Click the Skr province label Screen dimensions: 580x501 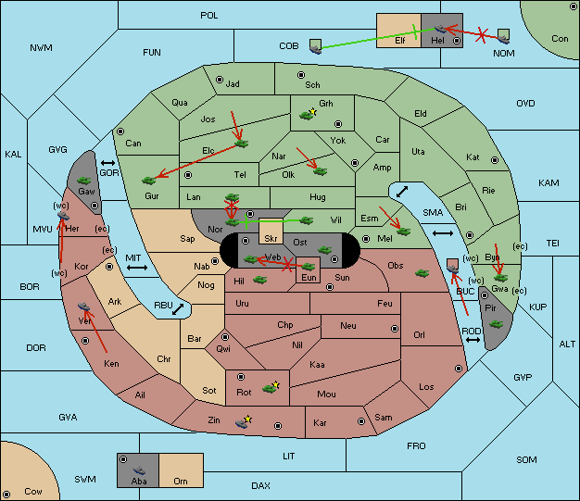coord(271,239)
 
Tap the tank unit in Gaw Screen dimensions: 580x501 coord(84,181)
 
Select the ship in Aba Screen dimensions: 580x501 coord(140,470)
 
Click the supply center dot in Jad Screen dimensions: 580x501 coord(220,80)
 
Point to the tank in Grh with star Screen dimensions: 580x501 coord(308,114)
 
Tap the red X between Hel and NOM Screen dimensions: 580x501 coord(481,35)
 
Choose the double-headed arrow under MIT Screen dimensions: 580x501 coord(137,268)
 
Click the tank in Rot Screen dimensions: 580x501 coord(271,388)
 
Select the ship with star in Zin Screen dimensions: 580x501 coord(244,422)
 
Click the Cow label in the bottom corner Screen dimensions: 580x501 coord(33,492)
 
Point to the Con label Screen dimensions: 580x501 coord(560,39)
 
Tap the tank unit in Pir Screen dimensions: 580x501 coord(496,324)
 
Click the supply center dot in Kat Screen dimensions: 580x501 coord(495,160)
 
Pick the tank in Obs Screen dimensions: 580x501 coord(422,273)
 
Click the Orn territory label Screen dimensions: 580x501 coord(181,481)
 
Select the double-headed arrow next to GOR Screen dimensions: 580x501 coord(108,163)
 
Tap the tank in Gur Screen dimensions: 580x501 coord(148,181)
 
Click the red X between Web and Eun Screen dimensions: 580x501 coord(288,264)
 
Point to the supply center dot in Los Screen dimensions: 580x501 coord(459,369)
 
